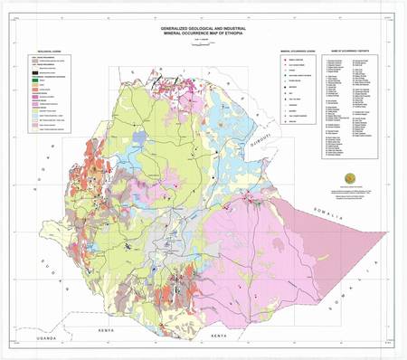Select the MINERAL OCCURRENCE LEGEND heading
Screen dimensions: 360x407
[x=299, y=52]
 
